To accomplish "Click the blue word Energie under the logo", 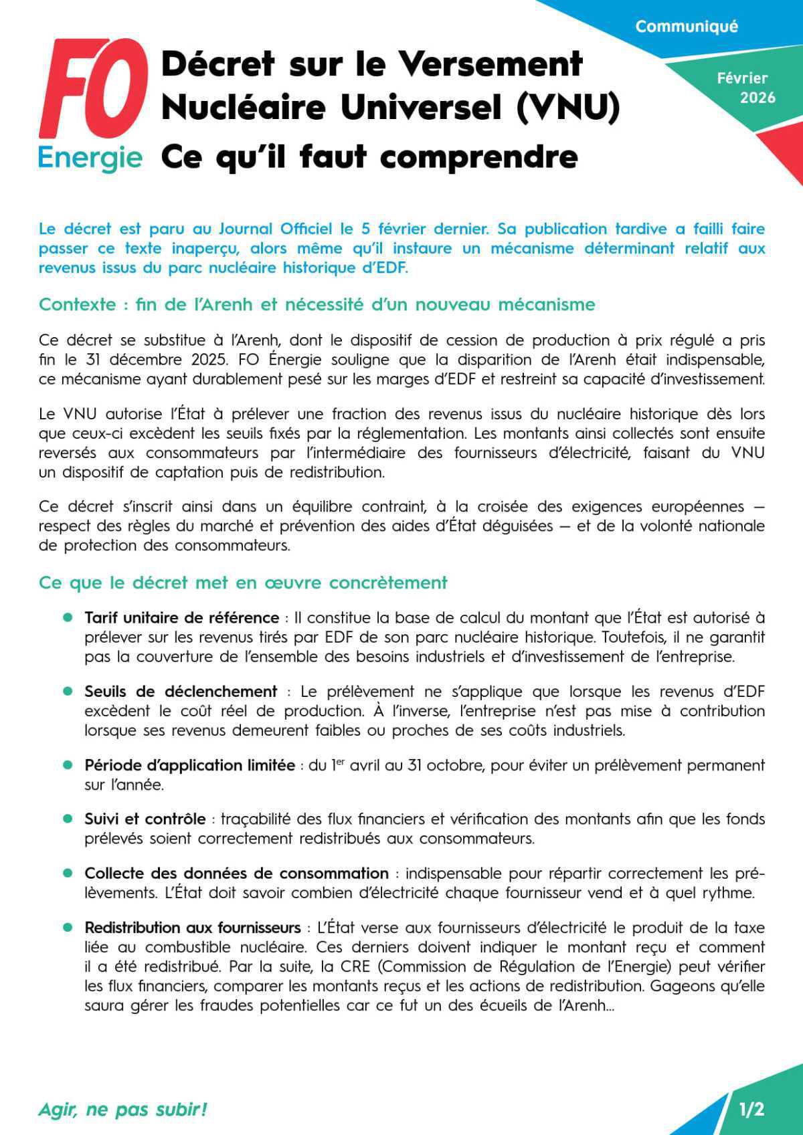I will [90, 158].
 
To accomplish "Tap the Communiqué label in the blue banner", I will [686, 27].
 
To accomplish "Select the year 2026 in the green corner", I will [757, 98].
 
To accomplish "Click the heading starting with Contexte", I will [317, 304].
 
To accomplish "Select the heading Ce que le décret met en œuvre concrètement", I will [243, 583].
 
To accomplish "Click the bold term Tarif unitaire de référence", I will [181, 617].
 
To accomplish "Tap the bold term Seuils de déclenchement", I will [181, 691].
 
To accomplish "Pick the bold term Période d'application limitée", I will [189, 765].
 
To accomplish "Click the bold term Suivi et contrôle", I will [145, 819].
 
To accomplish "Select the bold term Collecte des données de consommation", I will [236, 873].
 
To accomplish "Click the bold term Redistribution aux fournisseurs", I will [192, 928].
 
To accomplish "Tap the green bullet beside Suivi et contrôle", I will [67, 819].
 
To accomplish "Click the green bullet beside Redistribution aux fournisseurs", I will [67, 928].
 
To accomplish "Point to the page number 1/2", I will [751, 1110].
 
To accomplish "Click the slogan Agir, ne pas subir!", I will [122, 1110].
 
